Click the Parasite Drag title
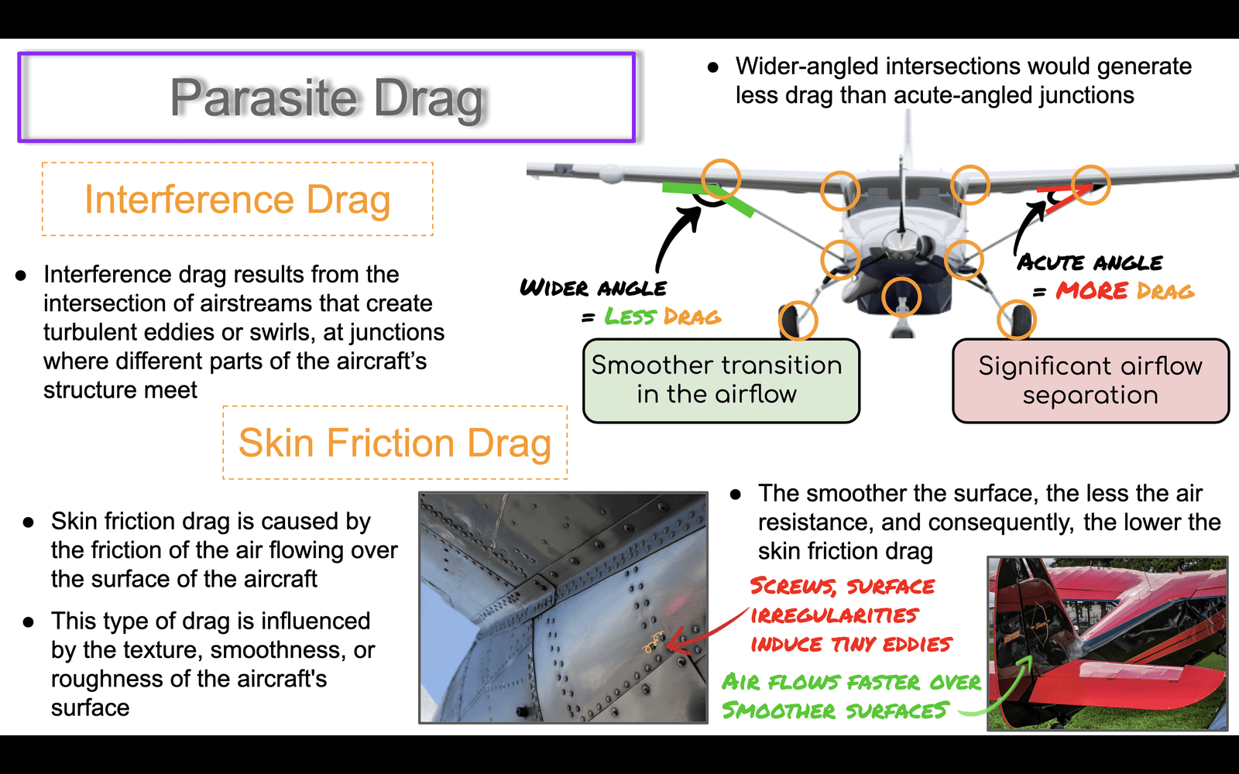coord(326,98)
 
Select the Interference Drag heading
coord(237,199)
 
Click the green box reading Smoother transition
coord(721,381)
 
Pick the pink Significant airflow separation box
coord(1090,381)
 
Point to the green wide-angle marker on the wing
coord(708,197)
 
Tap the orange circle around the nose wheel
coord(901,297)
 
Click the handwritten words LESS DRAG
coord(662,317)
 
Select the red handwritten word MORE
coord(1091,291)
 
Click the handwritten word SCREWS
coord(793,586)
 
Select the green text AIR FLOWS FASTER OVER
coord(851,682)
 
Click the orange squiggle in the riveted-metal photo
coord(653,642)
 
